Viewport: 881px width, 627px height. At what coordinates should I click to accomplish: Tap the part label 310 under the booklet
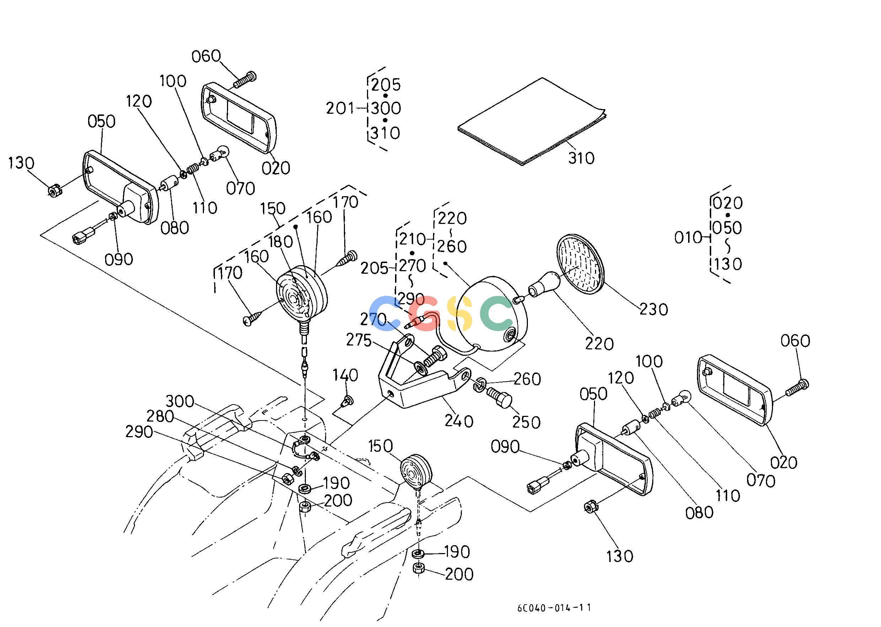(581, 158)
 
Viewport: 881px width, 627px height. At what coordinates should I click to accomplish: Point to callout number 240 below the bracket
(459, 421)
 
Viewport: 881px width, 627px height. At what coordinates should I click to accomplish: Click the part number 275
(359, 341)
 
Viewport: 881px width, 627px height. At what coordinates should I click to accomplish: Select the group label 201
(340, 108)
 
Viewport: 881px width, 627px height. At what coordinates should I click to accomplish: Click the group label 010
(688, 238)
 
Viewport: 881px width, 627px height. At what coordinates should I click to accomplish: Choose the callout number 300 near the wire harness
(180, 401)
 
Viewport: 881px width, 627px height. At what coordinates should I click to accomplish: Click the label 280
(160, 417)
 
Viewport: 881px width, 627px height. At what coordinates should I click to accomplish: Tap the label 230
(654, 309)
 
